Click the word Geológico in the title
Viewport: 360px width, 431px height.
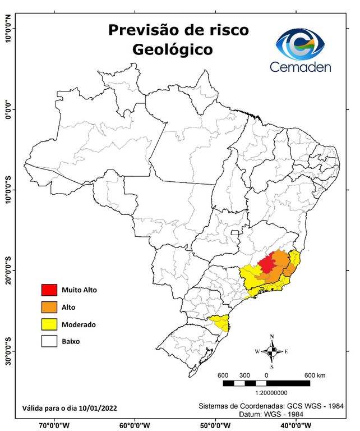coord(173,49)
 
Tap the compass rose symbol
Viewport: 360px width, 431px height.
coord(271,352)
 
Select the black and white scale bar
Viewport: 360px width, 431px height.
coord(266,383)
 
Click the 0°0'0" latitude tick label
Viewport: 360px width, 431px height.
coord(7,109)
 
